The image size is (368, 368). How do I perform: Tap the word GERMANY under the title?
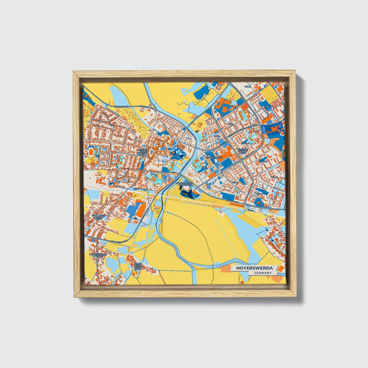tap(263, 273)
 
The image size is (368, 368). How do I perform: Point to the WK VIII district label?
tap(269, 106)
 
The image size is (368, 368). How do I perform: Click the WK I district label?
tap(231, 124)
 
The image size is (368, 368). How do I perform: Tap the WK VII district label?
tap(274, 178)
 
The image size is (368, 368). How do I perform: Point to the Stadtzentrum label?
tap(215, 158)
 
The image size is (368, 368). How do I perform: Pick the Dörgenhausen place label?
tap(97, 255)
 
